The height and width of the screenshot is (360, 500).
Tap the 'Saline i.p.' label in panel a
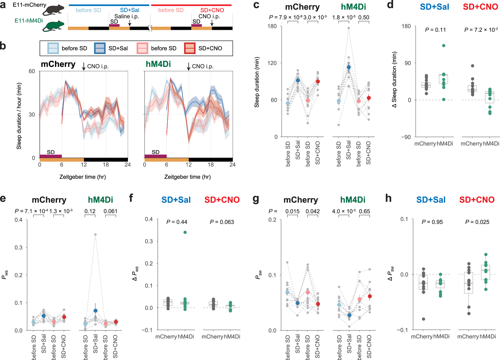pyautogui.click(x=126, y=16)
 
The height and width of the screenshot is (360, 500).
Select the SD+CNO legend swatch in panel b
pyautogui.click(x=189, y=48)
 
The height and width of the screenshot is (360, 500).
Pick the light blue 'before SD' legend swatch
pyautogui.click(x=53, y=48)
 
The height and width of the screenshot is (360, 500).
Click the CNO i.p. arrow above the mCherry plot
pyautogui.click(x=84, y=67)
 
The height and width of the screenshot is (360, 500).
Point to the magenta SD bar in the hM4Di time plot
pyautogui.click(x=155, y=156)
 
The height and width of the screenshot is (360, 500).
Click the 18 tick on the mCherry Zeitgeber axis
pyautogui.click(x=105, y=165)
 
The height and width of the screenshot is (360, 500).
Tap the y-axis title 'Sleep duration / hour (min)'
pyautogui.click(x=19, y=116)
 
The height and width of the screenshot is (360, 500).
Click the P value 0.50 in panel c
pyautogui.click(x=364, y=17)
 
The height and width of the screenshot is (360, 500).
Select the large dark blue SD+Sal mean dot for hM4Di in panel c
pyautogui.click(x=348, y=67)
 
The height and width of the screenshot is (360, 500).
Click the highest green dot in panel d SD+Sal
pyautogui.click(x=443, y=46)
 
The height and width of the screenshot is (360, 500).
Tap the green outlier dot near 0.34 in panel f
pyautogui.click(x=185, y=232)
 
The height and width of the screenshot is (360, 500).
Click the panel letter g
pyautogui.click(x=256, y=199)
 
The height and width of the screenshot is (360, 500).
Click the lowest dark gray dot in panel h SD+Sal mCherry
pyautogui.click(x=423, y=319)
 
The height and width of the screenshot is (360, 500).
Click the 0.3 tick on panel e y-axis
pyautogui.click(x=18, y=248)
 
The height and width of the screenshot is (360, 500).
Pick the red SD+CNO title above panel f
pyautogui.click(x=222, y=200)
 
